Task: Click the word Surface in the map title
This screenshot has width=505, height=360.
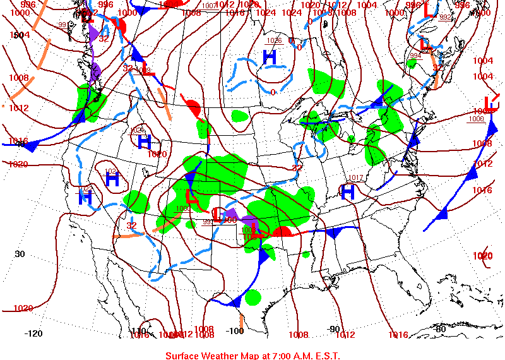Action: tap(183, 356)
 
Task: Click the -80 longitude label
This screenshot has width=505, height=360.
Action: tap(440, 328)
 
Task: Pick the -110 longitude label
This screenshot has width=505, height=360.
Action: tap(138, 331)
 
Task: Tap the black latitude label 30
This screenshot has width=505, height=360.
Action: tap(20, 254)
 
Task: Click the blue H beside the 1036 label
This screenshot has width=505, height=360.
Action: tap(270, 57)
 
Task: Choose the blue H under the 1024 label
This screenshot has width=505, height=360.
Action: tap(145, 141)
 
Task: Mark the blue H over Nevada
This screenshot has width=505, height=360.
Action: tap(112, 179)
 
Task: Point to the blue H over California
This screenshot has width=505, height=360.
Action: tap(85, 197)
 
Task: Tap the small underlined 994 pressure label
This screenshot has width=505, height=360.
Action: tap(415, 56)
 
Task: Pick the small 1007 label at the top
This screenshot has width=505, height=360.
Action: tap(210, 6)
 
